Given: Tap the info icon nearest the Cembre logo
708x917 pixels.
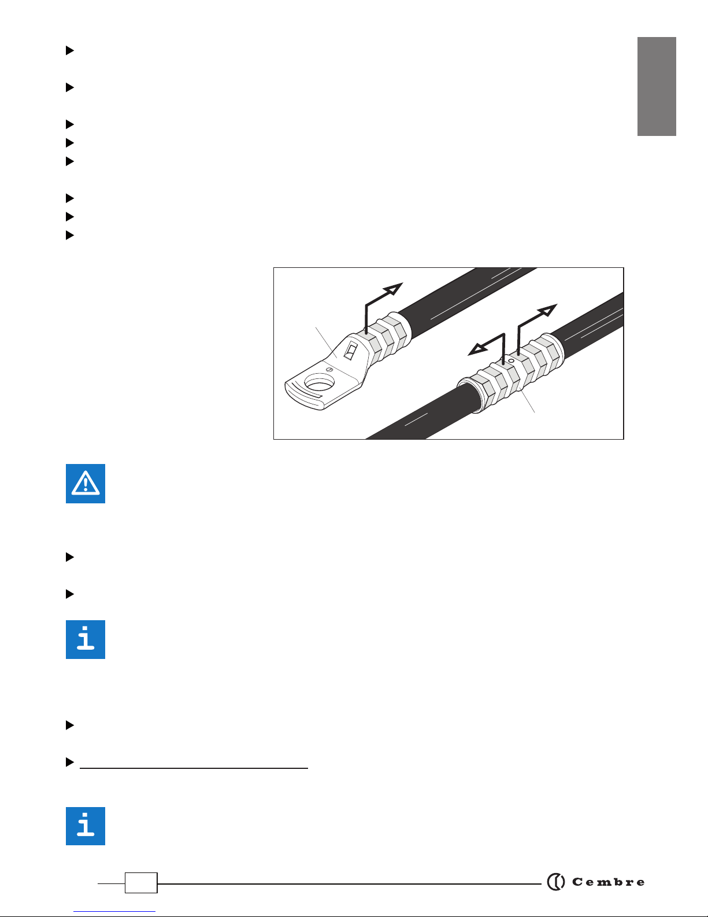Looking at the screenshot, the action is click(86, 826).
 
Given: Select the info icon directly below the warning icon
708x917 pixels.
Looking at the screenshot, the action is click(86, 639).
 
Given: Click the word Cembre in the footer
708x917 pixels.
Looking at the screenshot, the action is click(608, 882).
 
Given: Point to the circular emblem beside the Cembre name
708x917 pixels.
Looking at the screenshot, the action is click(556, 882).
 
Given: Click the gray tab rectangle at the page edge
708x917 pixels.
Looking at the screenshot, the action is click(657, 87).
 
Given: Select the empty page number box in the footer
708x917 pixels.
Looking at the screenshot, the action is click(141, 882).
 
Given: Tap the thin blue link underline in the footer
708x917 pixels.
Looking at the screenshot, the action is click(114, 912).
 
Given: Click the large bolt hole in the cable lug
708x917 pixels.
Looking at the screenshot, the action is click(320, 382).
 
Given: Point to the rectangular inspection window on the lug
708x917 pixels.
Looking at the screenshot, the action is click(350, 351).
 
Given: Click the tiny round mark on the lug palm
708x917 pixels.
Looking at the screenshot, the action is click(329, 370).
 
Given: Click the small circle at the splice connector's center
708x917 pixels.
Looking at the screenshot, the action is click(511, 361).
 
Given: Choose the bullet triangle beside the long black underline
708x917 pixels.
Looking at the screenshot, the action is click(70, 762).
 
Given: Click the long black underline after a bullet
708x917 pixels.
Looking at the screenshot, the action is click(194, 768).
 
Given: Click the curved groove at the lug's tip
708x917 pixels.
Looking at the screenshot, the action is click(303, 392).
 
